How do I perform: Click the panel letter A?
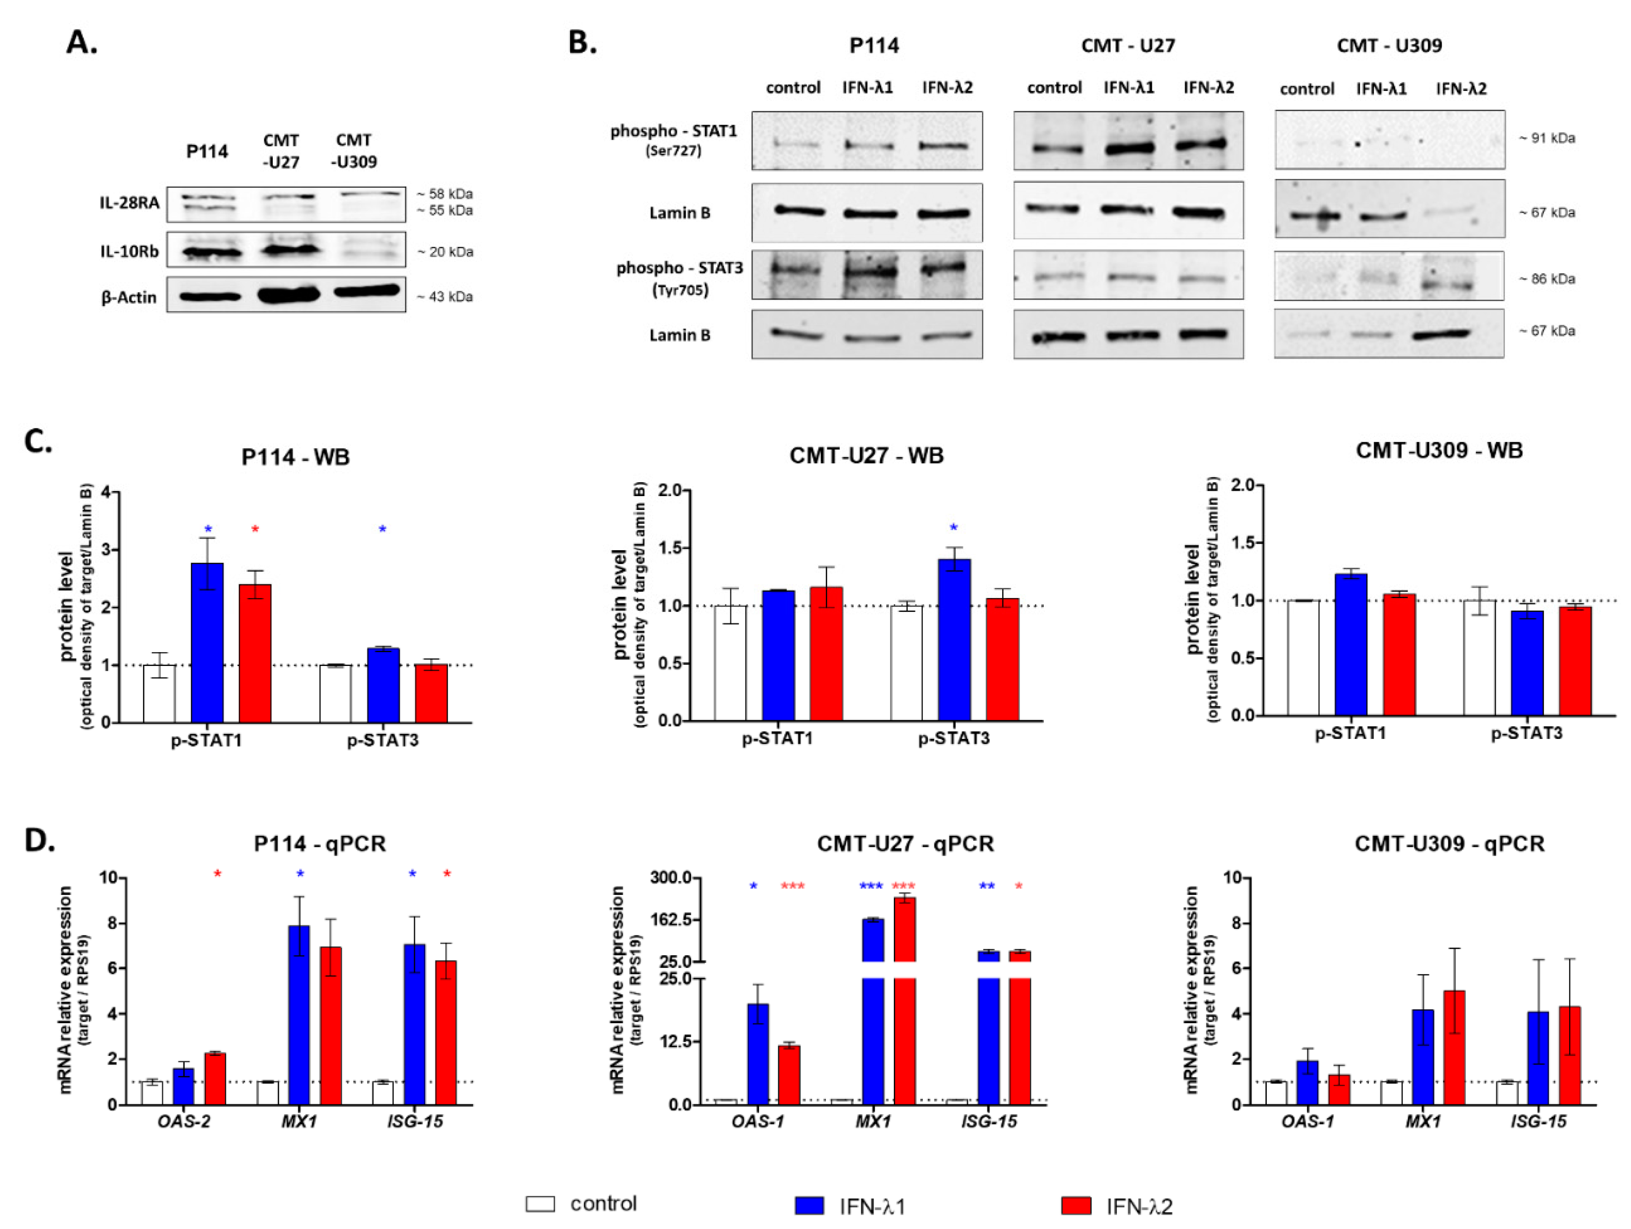coord(81,43)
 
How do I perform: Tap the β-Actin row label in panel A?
coord(129,297)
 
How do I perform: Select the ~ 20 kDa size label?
coord(445,252)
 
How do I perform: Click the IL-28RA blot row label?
coord(130,203)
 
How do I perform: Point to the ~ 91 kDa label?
coord(1547,138)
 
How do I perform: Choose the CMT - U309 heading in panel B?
coord(1389,46)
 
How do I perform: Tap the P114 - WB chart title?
coord(295,457)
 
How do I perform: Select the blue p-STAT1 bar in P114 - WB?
coord(207,642)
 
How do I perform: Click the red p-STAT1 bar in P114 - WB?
coord(255,653)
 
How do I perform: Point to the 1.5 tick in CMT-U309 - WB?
coord(1246,543)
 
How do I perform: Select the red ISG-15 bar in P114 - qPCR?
coord(446,1032)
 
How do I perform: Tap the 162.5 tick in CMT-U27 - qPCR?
coord(671,919)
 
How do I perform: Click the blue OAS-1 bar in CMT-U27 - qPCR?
coord(758,1054)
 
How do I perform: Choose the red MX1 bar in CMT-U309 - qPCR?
coord(1454,1047)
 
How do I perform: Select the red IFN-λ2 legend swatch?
coord(1076,1205)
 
